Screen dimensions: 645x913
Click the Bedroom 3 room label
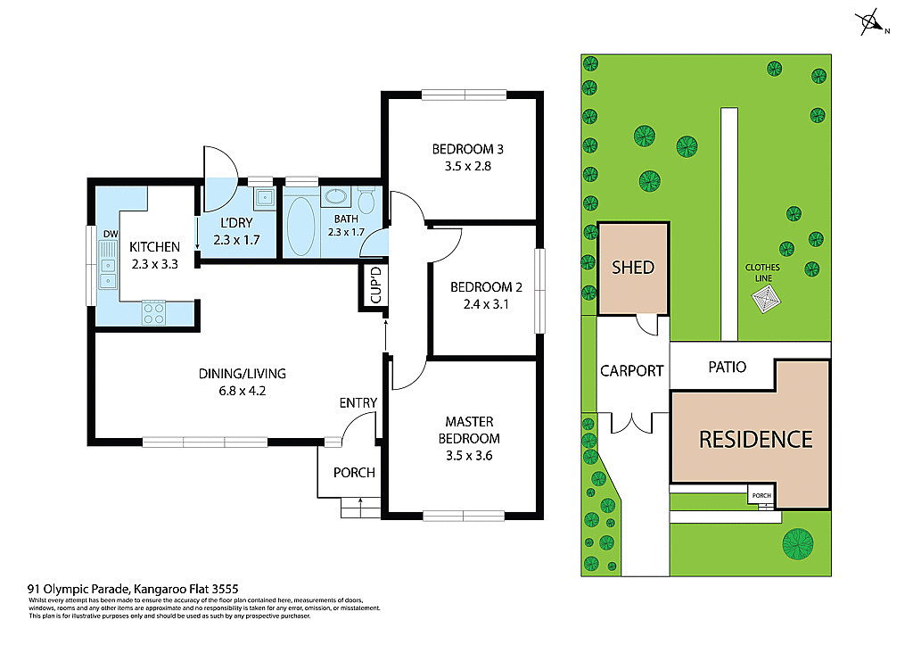point(462,148)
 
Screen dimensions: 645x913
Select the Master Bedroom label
point(469,429)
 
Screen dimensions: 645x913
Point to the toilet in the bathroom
point(366,197)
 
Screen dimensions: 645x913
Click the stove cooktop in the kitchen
point(153,313)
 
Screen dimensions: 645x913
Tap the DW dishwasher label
point(110,235)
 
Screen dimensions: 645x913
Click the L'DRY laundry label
point(228,222)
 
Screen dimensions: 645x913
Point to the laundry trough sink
point(264,198)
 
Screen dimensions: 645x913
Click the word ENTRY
point(358,403)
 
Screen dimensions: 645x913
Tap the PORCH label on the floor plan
point(354,472)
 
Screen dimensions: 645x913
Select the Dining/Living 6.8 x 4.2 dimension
point(243,390)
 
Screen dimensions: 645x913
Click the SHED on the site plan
point(632,267)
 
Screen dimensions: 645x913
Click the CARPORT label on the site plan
point(631,370)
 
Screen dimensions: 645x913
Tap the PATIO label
point(727,367)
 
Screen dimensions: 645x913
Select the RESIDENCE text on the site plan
point(755,439)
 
